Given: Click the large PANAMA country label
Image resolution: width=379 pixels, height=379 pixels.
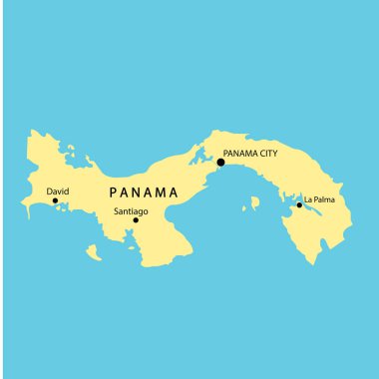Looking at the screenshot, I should [x=144, y=192].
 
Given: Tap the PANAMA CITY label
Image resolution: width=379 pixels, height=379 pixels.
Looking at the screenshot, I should [x=250, y=154].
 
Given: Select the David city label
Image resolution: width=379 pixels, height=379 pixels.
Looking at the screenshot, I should [x=58, y=189].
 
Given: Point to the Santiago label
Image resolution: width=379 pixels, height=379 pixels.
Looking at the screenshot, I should [x=133, y=211].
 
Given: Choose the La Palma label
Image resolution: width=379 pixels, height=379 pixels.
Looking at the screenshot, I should [x=320, y=199].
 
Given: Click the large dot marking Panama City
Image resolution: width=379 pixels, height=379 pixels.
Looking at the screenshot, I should [x=220, y=162].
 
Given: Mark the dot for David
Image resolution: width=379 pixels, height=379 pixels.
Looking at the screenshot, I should [x=56, y=201].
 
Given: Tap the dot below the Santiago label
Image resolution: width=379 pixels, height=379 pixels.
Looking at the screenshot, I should [x=136, y=220].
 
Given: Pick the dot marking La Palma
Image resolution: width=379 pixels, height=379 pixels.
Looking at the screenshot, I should [x=299, y=205].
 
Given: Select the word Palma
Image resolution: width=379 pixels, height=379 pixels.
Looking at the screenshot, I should [x=325, y=199].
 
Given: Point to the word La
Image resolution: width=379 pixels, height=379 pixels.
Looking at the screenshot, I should [x=309, y=199].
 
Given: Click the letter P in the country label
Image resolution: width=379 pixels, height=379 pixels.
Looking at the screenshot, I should [x=113, y=192].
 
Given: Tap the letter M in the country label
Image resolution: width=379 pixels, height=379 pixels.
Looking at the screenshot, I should [x=160, y=192].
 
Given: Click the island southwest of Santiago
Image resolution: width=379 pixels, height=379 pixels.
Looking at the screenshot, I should [x=93, y=253].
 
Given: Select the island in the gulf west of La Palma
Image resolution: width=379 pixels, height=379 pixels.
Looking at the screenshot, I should [x=254, y=203].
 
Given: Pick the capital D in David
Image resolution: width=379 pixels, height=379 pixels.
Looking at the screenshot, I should [x=49, y=189].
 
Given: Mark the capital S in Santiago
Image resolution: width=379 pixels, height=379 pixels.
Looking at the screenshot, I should [x=117, y=211].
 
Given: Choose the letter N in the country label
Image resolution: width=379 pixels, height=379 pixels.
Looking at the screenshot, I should [x=137, y=192].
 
